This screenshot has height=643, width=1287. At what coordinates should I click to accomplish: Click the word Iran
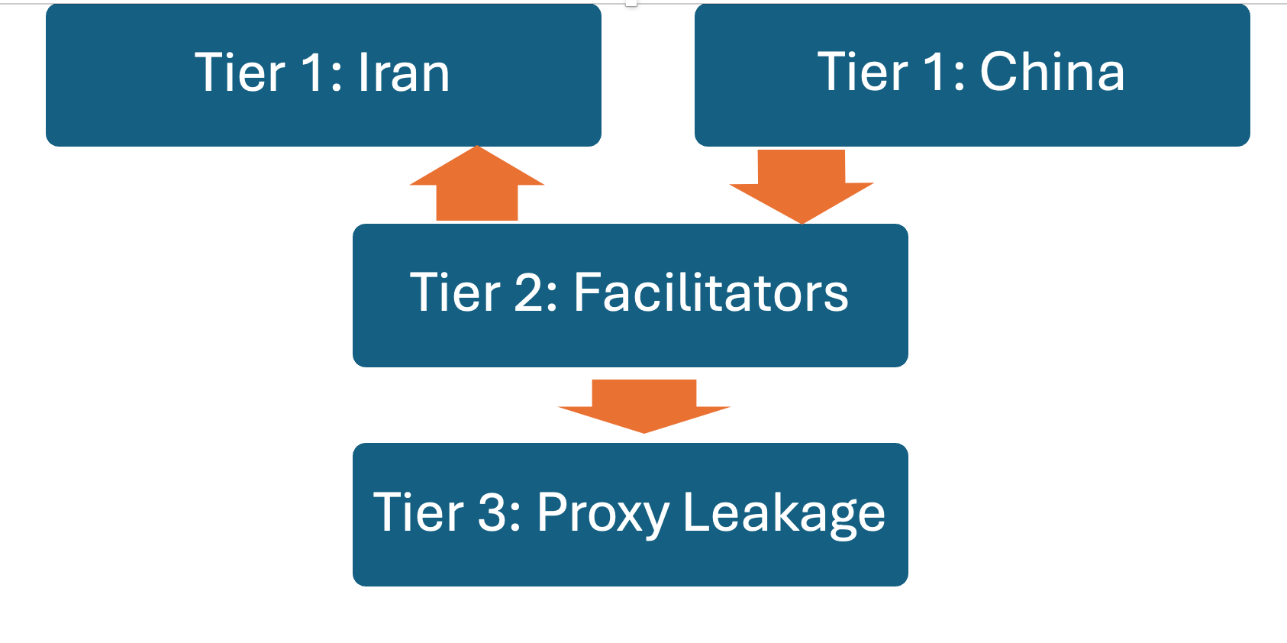(404, 73)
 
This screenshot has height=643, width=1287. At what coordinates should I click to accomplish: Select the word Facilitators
(711, 292)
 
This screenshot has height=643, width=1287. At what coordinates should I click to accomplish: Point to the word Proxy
(603, 512)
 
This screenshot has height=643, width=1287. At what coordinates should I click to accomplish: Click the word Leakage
(784, 512)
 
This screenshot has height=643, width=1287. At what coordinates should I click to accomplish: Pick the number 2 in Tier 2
(528, 292)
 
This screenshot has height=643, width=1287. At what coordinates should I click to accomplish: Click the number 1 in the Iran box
(314, 73)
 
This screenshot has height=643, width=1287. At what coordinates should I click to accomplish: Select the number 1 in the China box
(936, 73)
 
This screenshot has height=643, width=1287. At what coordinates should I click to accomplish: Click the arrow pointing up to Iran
(477, 187)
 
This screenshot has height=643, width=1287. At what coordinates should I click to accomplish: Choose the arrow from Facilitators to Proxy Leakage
(644, 405)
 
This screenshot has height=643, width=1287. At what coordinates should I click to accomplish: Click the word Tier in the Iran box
(240, 73)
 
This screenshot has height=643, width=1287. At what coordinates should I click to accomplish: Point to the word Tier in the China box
(863, 73)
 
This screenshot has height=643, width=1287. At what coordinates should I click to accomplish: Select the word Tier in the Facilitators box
(455, 292)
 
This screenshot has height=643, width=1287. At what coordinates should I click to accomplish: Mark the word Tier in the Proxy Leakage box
(418, 512)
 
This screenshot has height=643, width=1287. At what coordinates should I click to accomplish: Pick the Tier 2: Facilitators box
(630, 340)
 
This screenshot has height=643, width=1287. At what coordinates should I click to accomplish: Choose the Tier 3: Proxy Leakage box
(630, 561)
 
